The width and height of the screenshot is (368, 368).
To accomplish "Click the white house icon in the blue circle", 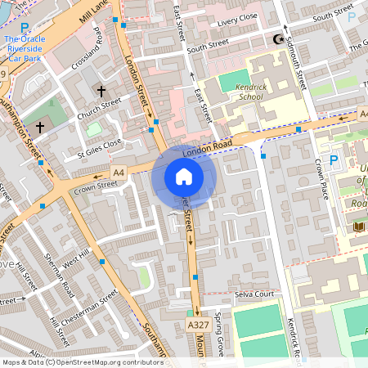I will tap(184, 176).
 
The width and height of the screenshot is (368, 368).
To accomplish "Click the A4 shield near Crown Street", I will tap(119, 172).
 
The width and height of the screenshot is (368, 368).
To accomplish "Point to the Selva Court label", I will tap(253, 294).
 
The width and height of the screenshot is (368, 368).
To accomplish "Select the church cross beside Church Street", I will tap(101, 91).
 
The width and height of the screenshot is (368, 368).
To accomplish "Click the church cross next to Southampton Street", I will tap(40, 128).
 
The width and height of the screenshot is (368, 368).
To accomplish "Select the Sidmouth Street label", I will tap(295, 65).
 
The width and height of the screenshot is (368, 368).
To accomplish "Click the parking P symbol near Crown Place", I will tap(333, 161).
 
